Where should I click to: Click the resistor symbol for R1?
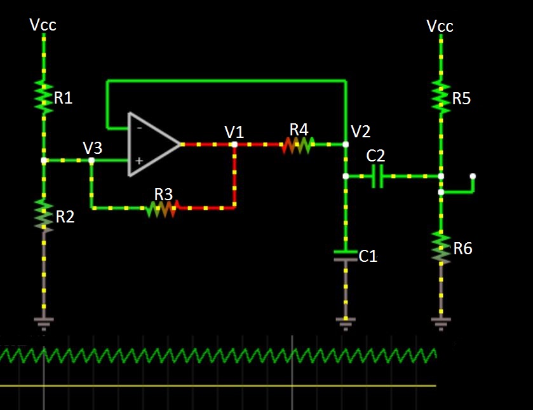[x=44, y=97]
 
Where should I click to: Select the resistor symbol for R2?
[x=44, y=215]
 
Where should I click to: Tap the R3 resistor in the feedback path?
[x=163, y=208]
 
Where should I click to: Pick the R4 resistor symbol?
[x=297, y=145]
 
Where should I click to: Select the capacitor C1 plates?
[x=346, y=256]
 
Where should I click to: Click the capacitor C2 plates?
[x=377, y=176]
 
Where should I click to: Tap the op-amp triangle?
[x=152, y=144]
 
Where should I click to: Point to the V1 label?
[x=234, y=132]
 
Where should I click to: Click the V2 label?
[x=360, y=132]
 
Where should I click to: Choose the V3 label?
[x=93, y=147]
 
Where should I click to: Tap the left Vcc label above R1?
[x=43, y=25]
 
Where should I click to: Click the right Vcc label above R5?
[x=440, y=26]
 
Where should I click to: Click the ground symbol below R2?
[x=44, y=324]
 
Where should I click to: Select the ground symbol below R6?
[x=441, y=324]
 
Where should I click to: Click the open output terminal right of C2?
[x=472, y=176]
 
